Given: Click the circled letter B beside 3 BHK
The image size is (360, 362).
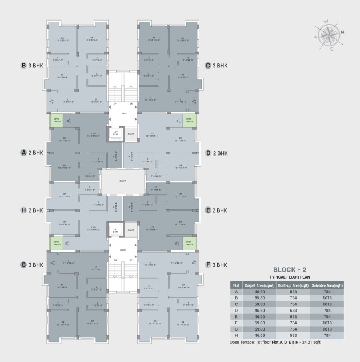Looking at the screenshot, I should coord(24,66).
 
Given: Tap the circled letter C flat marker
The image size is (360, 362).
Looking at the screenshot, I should coord(208,66).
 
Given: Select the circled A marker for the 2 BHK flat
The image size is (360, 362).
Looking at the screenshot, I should coord(24,153).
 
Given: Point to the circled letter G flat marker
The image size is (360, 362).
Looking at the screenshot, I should coord(24,265).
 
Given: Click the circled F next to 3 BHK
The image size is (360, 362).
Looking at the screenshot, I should coord(208,265).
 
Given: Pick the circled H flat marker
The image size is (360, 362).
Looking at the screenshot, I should coord(24,210).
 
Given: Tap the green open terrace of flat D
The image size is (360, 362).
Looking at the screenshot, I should coord(188,120).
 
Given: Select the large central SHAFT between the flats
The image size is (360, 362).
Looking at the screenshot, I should coord(123,181).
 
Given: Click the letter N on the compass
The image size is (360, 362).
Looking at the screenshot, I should coord(342,33).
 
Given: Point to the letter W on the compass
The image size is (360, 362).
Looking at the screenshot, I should coord(326,22).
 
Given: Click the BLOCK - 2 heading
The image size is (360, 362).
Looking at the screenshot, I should coord(291,269).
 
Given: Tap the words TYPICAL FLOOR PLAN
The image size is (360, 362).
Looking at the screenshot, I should coord(291,276).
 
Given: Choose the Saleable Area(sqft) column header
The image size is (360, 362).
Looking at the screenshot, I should coord(327,285).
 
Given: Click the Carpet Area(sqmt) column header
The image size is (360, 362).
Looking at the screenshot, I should coord(261,285).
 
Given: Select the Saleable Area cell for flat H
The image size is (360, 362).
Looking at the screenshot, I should coord(327,335).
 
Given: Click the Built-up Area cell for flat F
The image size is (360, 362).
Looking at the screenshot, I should coord(294,322).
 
